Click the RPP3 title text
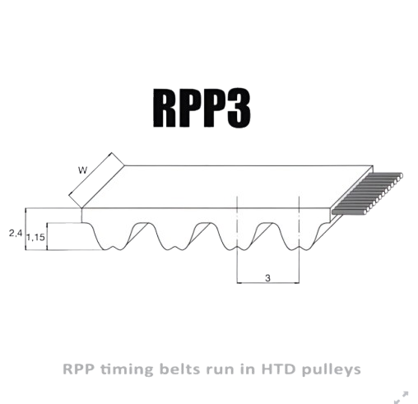pyautogui.click(x=202, y=108)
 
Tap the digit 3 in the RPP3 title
pyautogui.click(x=239, y=109)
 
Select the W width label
pyautogui.click(x=82, y=170)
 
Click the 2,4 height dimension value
pyautogui.click(x=16, y=234)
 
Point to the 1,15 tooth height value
pyautogui.click(x=35, y=237)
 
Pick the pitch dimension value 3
pyautogui.click(x=267, y=278)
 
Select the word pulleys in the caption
pyautogui.click(x=331, y=370)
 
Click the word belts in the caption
pyautogui.click(x=180, y=369)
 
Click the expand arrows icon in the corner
pyautogui.click(x=402, y=397)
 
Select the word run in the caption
pyautogui.click(x=221, y=370)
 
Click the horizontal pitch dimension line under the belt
pyautogui.click(x=268, y=282)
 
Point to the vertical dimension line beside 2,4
pyautogui.click(x=26, y=229)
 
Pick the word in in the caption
pyautogui.click(x=248, y=369)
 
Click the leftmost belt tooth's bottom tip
pyautogui.click(x=104, y=249)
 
